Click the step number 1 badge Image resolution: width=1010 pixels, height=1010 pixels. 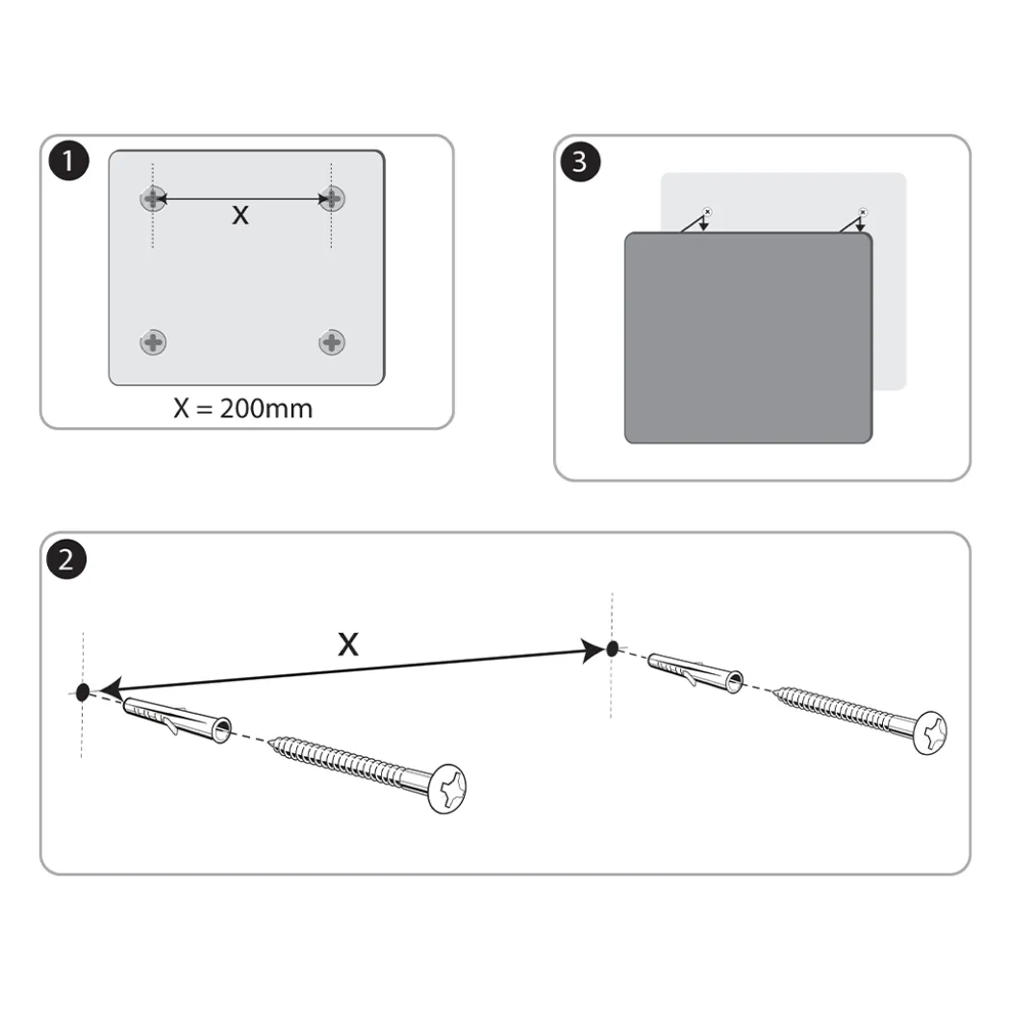tap(69, 161)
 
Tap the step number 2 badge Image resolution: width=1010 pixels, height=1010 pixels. tap(66, 559)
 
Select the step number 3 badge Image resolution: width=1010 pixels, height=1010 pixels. tap(580, 162)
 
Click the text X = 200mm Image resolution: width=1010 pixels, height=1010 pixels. tap(242, 409)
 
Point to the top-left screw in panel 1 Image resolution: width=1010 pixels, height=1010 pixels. tap(153, 198)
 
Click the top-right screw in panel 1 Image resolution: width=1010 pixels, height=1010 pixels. tap(332, 198)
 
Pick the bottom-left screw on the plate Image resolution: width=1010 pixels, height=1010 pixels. tap(153, 342)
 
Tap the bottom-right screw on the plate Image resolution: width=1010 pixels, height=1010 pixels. tap(332, 342)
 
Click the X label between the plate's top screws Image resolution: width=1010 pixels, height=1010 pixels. tap(240, 215)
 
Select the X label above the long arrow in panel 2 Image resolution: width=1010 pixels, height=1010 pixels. tap(348, 644)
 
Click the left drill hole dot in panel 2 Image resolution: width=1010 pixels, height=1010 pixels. tap(83, 693)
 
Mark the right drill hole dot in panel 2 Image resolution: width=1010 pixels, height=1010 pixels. tap(613, 648)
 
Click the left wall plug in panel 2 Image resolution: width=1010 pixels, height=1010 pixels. tap(176, 719)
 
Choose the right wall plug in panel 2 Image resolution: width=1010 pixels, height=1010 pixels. tap(695, 672)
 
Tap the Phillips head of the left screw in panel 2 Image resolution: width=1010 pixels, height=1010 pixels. tap(448, 789)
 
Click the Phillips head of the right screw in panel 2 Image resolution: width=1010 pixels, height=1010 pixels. tap(931, 732)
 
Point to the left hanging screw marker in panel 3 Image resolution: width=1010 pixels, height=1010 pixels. tap(707, 212)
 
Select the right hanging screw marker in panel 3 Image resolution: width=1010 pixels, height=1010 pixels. tap(863, 212)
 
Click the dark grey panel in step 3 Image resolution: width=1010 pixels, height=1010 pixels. tap(748, 338)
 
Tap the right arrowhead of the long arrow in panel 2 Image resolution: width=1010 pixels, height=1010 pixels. tap(593, 650)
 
